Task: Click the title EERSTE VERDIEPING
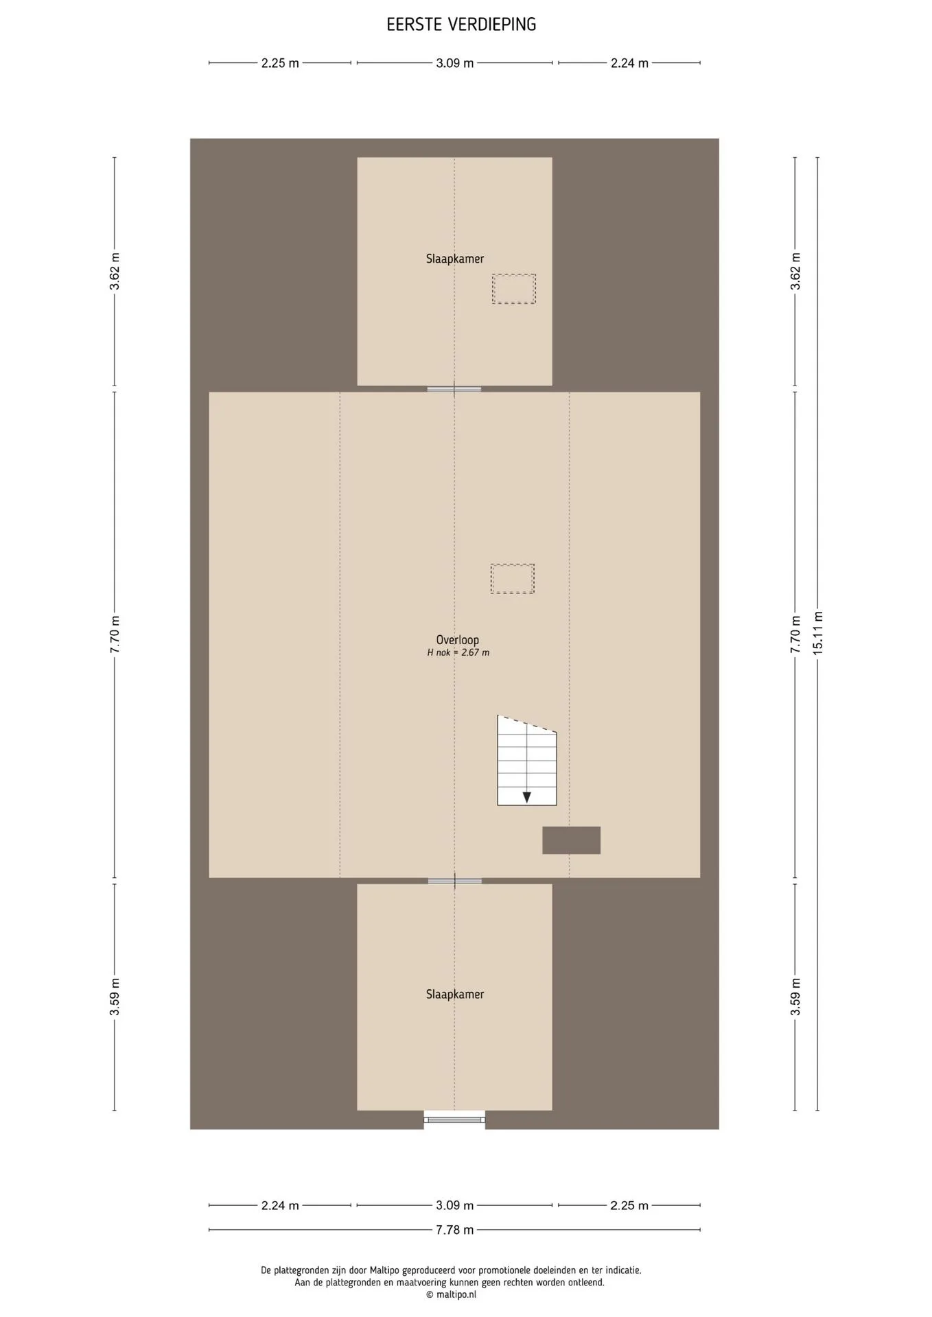click(x=461, y=25)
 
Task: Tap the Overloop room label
click(x=458, y=640)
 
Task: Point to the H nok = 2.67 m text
click(x=458, y=653)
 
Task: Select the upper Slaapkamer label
click(x=455, y=259)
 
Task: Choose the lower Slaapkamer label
click(x=455, y=994)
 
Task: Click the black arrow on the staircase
click(x=526, y=797)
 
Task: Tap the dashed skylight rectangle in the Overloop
click(x=512, y=578)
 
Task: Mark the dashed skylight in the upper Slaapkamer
click(x=513, y=289)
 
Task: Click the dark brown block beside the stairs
click(x=571, y=840)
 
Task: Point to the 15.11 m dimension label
click(x=817, y=632)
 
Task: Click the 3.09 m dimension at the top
click(x=454, y=63)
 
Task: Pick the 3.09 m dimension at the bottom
click(x=454, y=1205)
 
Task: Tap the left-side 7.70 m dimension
click(x=115, y=634)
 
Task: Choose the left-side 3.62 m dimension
click(x=115, y=272)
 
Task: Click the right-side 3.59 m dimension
click(x=795, y=997)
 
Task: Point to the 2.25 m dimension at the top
click(x=280, y=63)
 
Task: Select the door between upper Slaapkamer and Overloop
click(x=454, y=389)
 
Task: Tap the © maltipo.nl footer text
click(x=450, y=1294)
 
